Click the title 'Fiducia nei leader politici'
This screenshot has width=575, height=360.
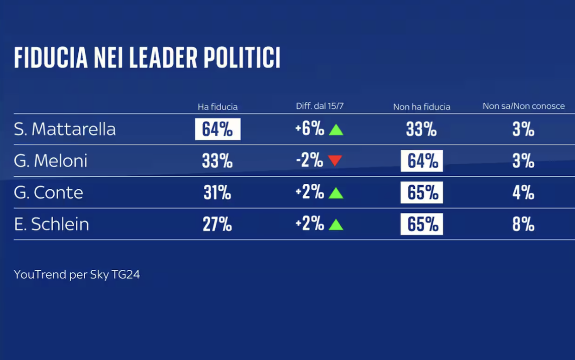[147, 58]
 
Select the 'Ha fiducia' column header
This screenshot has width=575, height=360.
[218, 107]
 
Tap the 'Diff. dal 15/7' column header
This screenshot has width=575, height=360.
[319, 106]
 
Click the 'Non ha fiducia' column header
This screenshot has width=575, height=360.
[421, 107]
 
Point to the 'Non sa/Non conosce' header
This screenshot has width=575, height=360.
[524, 106]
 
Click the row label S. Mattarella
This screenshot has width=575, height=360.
[65, 129]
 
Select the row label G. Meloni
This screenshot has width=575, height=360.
[50, 161]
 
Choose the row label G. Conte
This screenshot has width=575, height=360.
[49, 192]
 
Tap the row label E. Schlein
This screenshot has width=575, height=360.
[51, 224]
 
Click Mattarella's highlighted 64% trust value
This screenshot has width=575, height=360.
[218, 129]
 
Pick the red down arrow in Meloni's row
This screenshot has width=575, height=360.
[335, 161]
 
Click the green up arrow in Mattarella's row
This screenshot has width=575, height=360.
[336, 130]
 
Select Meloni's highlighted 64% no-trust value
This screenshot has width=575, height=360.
[422, 161]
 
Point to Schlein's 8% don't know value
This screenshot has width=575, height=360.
[524, 224]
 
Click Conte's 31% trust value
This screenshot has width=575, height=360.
[218, 192]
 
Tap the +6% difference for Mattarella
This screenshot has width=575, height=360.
[310, 129]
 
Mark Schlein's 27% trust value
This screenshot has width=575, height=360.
[218, 224]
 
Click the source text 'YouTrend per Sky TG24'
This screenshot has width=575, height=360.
[77, 274]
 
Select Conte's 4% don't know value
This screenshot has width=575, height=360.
[524, 192]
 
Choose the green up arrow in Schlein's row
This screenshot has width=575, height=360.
[336, 225]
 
